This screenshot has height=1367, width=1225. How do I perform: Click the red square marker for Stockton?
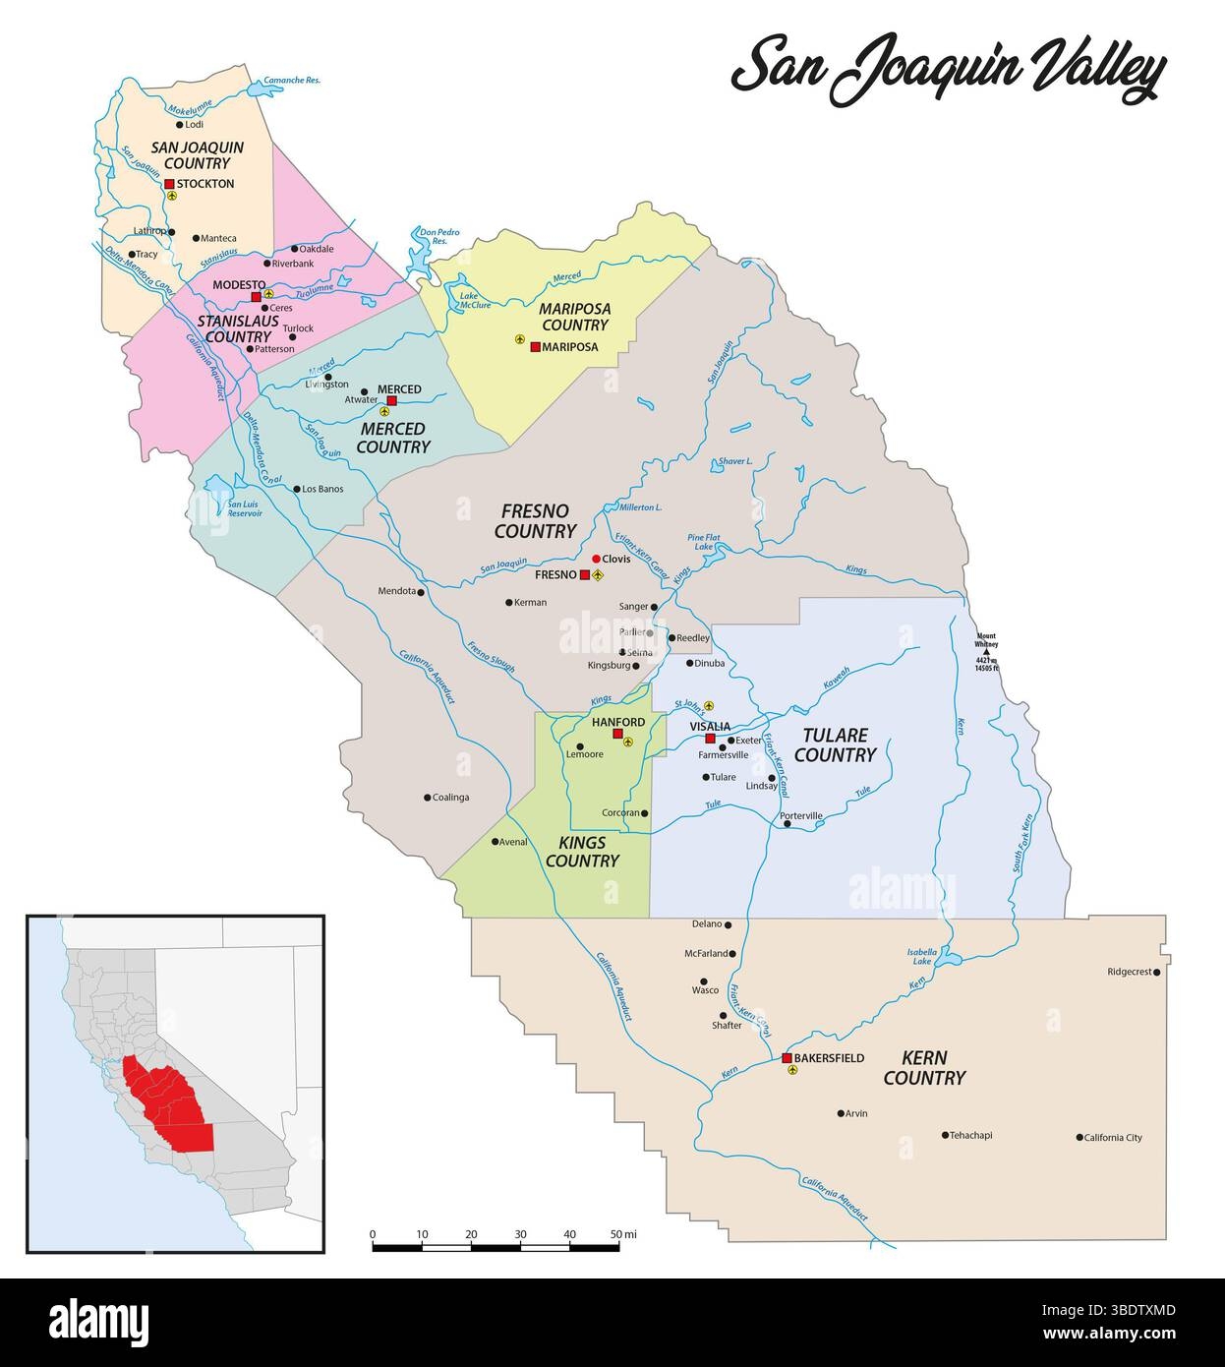click(169, 184)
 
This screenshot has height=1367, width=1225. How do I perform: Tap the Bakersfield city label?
click(830, 1058)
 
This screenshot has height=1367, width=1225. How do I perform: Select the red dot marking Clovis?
click(596, 559)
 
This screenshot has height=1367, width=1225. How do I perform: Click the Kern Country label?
click(924, 1068)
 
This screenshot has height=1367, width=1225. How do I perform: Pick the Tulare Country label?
click(835, 745)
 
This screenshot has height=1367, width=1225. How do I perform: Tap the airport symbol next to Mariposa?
click(520, 339)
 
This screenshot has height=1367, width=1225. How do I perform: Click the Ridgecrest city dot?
click(1157, 973)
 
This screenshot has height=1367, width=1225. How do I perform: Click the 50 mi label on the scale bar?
click(623, 1233)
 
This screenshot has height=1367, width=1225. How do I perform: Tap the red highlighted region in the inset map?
click(168, 1106)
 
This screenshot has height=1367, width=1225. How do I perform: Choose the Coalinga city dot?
click(427, 798)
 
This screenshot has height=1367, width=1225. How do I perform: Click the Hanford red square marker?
click(617, 735)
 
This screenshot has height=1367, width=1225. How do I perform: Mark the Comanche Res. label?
click(293, 81)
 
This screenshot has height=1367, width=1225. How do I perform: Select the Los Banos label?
click(322, 489)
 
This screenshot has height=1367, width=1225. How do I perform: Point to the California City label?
click(1113, 1138)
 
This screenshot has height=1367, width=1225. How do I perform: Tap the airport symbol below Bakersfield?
click(793, 1070)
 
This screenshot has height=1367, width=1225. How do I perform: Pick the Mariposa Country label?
click(575, 317)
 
